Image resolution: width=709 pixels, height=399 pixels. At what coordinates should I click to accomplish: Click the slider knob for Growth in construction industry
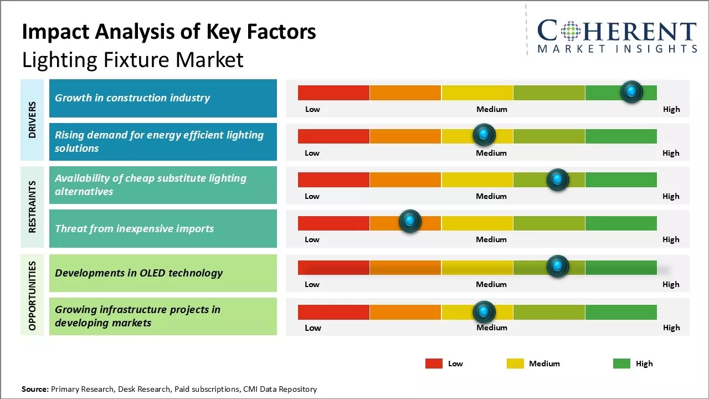coord(631,92)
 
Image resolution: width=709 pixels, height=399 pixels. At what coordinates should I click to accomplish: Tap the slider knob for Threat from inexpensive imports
coord(410,222)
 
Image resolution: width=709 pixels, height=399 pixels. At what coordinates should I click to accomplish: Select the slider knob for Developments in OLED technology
coord(558,267)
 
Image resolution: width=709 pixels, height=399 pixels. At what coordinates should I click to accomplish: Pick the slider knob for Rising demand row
coord(484,135)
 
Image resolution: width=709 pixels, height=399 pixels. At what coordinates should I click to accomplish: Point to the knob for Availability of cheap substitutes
coord(558,180)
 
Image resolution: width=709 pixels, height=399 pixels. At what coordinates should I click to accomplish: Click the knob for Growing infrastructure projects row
coord(484,312)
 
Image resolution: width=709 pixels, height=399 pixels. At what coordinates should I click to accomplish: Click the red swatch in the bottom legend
coord(434,364)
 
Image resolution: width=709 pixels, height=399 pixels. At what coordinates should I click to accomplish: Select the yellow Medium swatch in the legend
coord(515,364)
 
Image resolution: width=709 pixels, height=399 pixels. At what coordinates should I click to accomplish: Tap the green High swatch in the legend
coord(621,364)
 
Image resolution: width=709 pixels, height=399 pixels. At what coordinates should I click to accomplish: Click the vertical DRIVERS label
coord(32,119)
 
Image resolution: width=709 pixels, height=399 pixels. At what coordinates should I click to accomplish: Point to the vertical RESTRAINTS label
coord(32,206)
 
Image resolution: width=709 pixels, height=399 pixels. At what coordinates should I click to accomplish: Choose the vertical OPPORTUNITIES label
coord(32,295)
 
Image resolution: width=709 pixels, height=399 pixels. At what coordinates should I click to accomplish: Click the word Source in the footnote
coord(34,389)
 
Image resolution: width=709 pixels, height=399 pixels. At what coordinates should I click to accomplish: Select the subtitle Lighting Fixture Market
coord(132,59)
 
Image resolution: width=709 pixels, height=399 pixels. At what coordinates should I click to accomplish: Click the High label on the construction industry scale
coord(671,109)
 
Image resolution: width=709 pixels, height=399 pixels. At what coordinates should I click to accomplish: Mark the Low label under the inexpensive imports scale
coord(312,239)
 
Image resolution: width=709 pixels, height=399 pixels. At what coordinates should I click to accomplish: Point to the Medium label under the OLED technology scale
coord(491,284)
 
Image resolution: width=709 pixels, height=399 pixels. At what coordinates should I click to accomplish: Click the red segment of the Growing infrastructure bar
coord(333,312)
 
